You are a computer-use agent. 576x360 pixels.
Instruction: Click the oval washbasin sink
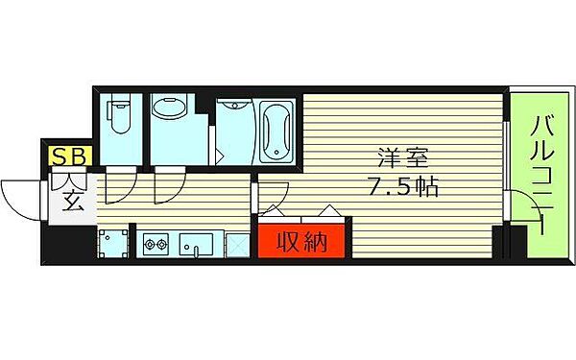pos(171,113)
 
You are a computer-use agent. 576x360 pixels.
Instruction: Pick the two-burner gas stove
pos(156,246)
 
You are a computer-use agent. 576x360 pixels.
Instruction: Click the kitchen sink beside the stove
pos(197,246)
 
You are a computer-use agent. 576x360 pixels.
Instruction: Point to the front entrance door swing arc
pos(21,196)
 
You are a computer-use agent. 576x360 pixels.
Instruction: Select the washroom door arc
pos(165,185)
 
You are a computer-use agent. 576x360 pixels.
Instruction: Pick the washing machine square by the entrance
pos(114,245)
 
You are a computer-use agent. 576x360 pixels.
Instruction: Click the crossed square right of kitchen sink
pos(236,245)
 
